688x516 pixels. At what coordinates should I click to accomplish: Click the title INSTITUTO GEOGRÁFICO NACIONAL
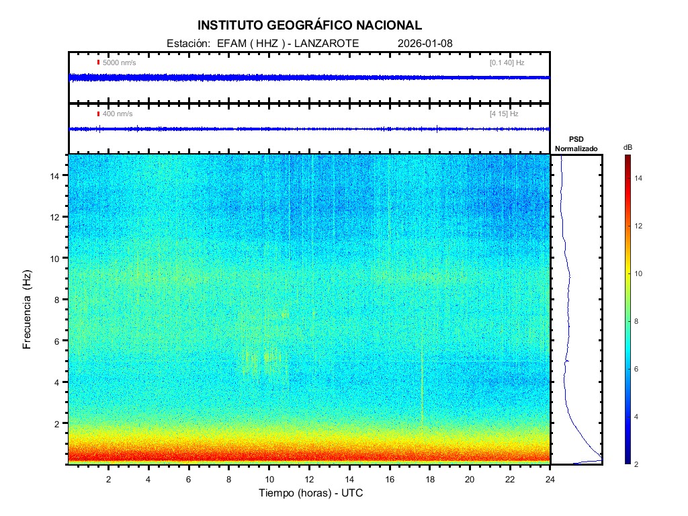(x=310, y=26)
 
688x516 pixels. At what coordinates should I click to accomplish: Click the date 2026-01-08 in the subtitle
(x=425, y=43)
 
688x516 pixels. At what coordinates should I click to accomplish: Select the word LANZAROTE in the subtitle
(x=327, y=43)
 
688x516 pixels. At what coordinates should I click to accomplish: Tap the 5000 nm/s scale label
(x=119, y=62)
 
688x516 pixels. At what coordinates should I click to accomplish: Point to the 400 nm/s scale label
(x=118, y=114)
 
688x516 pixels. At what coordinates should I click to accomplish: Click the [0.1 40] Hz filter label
(x=507, y=62)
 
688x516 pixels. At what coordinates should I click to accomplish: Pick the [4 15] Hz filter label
(x=504, y=114)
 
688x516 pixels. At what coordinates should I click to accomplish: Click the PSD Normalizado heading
(x=576, y=144)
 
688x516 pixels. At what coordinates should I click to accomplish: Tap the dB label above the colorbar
(x=627, y=147)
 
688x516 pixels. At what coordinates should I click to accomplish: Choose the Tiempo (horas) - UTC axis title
(x=311, y=493)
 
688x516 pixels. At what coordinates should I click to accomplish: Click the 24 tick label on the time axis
(x=550, y=478)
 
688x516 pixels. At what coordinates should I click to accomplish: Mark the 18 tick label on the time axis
(x=430, y=478)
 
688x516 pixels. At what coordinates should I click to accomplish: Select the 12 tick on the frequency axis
(x=56, y=217)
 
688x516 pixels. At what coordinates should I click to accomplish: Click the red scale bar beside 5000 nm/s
(x=98, y=62)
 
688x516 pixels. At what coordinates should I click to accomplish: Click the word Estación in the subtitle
(x=185, y=43)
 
